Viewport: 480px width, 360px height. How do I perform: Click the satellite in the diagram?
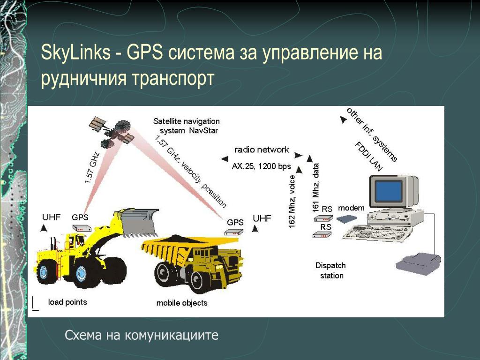coord(112,132)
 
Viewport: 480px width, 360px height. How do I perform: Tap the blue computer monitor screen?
coord(389,191)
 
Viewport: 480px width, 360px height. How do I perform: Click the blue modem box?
coord(346,218)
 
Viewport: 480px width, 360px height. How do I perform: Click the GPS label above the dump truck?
coord(235,223)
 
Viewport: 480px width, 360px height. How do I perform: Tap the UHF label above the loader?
coord(51,217)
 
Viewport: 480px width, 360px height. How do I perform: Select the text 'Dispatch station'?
coord(331,270)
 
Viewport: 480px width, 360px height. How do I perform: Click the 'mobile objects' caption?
coord(182,303)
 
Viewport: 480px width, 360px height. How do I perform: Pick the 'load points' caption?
coord(67,302)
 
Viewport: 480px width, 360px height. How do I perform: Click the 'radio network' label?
coord(262,150)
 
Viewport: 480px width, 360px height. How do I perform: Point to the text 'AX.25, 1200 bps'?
coord(261,166)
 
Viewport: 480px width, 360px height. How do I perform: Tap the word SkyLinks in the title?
coord(75,52)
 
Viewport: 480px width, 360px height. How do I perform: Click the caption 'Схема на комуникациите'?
coord(142,335)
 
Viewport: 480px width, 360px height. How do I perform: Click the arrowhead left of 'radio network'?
coord(225,159)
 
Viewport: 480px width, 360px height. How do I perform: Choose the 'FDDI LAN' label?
coord(368,156)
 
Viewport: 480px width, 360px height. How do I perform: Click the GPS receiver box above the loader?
coord(82,228)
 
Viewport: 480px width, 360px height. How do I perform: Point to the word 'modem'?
coord(351,208)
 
